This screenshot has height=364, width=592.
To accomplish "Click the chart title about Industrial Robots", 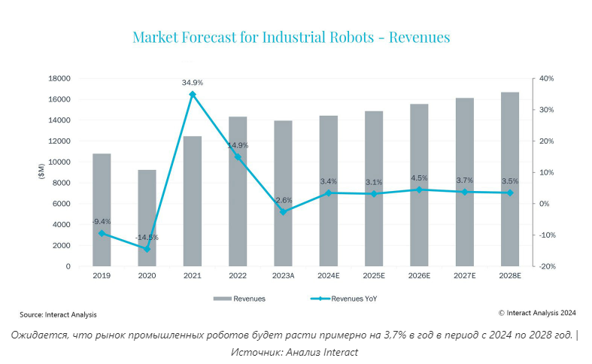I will pyautogui.click(x=290, y=37).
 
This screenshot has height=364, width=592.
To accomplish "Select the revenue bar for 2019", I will pyautogui.click(x=102, y=210).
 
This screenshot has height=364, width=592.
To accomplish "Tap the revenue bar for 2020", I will pyautogui.click(x=147, y=218).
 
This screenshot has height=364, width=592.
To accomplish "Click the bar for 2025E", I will pyautogui.click(x=374, y=189).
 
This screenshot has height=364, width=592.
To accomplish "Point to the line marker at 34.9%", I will pyautogui.click(x=193, y=94).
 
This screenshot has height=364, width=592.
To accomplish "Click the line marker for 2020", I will pyautogui.click(x=147, y=249).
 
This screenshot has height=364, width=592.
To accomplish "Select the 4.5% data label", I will pyautogui.click(x=419, y=178).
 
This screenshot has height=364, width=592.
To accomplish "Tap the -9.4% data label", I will pyautogui.click(x=102, y=222).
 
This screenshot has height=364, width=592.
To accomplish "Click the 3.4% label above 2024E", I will pyautogui.click(x=329, y=181).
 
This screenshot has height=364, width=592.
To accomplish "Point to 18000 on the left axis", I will pyautogui.click(x=59, y=78).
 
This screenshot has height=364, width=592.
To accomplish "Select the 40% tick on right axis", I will pyautogui.click(x=546, y=78).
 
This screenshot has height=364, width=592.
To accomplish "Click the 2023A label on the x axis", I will pyautogui.click(x=283, y=277).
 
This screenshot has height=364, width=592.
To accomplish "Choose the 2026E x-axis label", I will pyautogui.click(x=419, y=277).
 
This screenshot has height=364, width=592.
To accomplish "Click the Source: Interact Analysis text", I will pyautogui.click(x=58, y=314).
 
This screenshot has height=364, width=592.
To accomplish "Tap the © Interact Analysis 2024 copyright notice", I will pyautogui.click(x=537, y=313).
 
